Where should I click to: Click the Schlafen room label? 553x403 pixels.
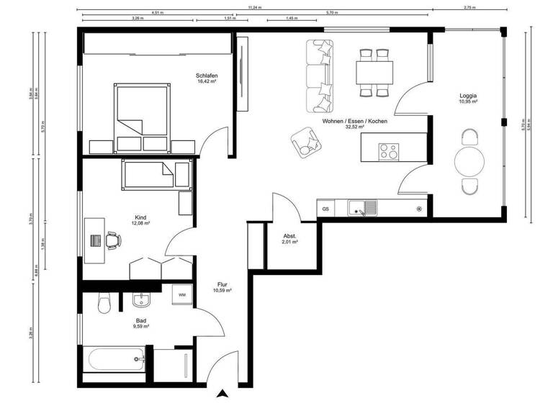click(207, 76)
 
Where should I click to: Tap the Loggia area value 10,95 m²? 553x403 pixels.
click(469, 102)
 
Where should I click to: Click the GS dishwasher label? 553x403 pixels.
click(325, 209)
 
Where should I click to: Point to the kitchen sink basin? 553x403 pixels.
click(357, 209)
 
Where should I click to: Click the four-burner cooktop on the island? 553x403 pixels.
click(389, 151)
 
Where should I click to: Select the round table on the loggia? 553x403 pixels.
click(469, 161)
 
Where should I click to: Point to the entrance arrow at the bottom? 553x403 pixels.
click(224, 394)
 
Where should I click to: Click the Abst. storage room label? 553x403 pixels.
click(289, 236)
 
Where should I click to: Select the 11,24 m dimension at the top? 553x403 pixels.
click(255, 6)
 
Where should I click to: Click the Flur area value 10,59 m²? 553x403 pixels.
click(222, 291)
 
